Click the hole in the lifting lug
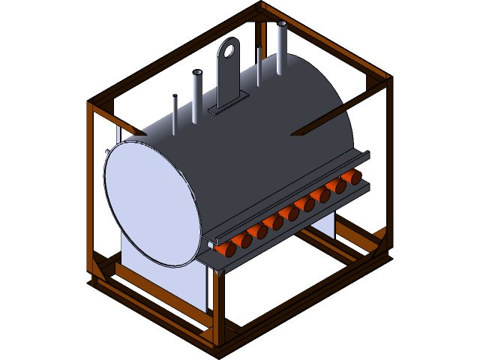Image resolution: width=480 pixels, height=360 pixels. pyautogui.click(x=229, y=51)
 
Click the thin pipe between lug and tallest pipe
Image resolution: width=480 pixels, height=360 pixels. pyautogui.click(x=259, y=66)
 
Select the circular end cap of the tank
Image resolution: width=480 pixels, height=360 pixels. pyautogui.click(x=152, y=202)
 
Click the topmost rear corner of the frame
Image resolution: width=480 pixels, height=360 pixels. pyautogui.click(x=261, y=7)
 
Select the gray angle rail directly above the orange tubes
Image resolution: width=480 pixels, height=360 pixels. pyautogui.click(x=300, y=191)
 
